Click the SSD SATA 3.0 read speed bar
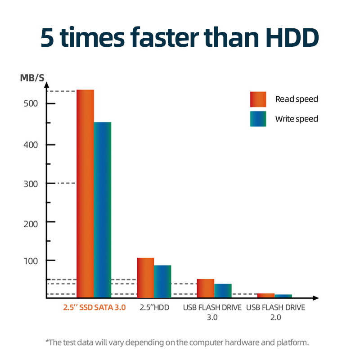coord(85,193)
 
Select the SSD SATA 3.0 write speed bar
coord(102,210)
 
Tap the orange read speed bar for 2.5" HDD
coord(145,278)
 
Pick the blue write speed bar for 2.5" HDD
coord(162,281)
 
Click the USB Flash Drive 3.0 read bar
coord(206,288)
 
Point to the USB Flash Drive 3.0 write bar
coord(223,291)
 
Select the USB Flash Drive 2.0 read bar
coord(266,296)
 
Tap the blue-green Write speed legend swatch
coord(258,119)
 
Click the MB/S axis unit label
coord(32,78)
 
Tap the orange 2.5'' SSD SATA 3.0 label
coord(94,308)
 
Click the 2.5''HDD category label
coord(154,308)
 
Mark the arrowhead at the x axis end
coord(316,298)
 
